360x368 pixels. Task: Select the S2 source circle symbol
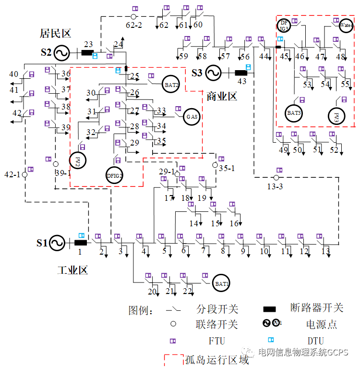[x=62, y=52]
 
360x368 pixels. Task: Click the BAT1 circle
[x=222, y=283]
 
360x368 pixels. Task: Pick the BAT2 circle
[x=171, y=85]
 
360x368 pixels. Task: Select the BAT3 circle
[x=294, y=113]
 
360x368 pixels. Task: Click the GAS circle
[x=192, y=117]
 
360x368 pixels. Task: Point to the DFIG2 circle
[x=115, y=176]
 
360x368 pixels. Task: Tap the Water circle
[x=346, y=25]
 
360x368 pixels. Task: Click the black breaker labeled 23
[x=87, y=52]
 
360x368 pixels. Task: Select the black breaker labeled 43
[x=241, y=73]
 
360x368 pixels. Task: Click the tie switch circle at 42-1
[x=24, y=174]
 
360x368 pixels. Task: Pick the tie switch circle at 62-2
[x=133, y=16]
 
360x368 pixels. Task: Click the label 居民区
[x=55, y=34]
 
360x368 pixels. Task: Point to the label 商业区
[x=222, y=96]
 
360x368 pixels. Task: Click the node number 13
[x=326, y=251]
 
